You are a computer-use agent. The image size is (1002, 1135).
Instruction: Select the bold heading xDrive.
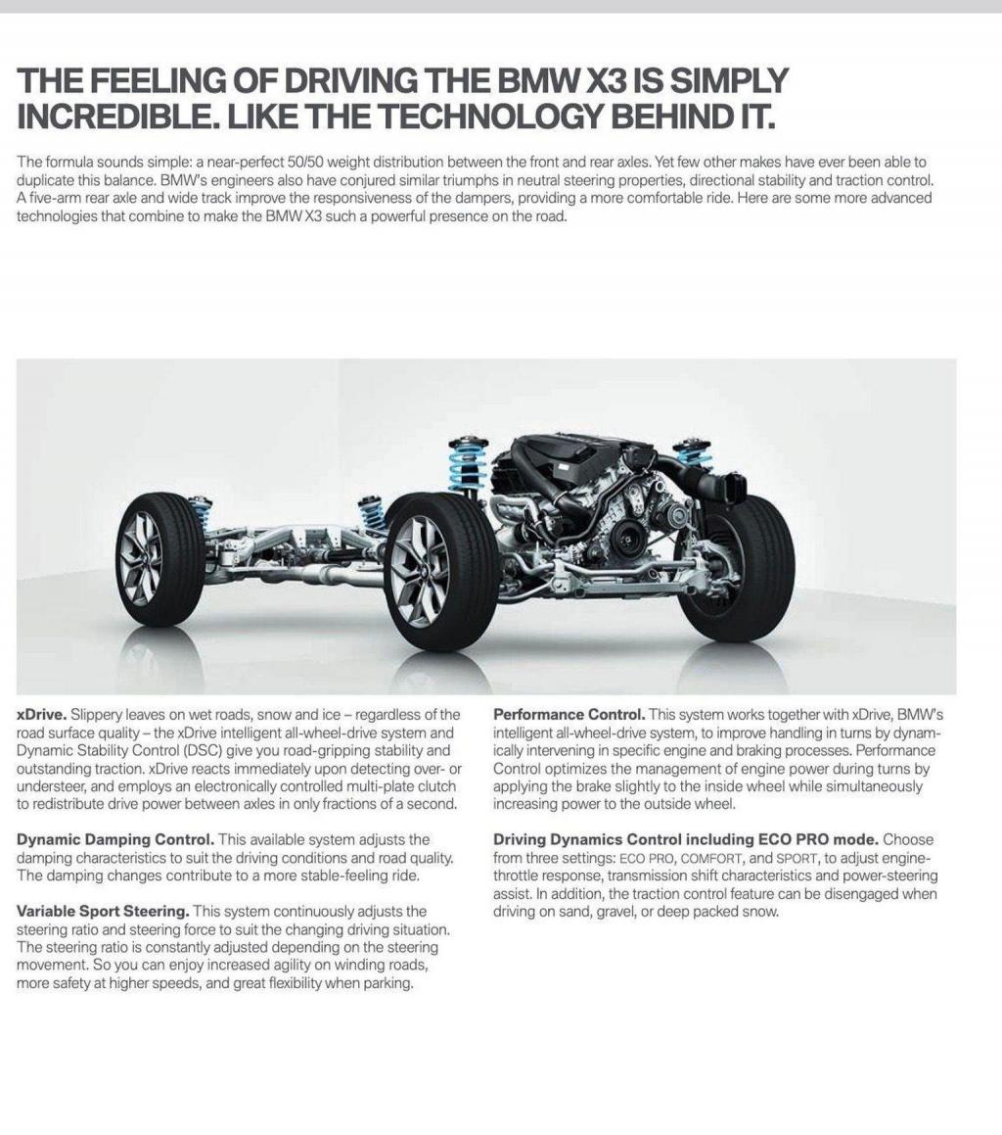coord(41,714)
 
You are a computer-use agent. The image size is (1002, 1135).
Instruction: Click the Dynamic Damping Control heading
coord(115,839)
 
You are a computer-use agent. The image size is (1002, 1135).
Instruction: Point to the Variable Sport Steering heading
coord(103,911)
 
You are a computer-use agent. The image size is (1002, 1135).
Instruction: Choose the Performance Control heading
coord(569,714)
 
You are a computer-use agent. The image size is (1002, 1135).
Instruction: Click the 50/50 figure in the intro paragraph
coord(304,162)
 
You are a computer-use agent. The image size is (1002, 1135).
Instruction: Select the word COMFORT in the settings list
coord(711,858)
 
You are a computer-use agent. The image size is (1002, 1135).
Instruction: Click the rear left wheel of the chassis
coord(159,559)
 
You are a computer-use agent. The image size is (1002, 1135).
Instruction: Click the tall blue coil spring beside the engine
coord(468,464)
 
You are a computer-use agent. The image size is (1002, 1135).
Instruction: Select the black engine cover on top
coord(568,454)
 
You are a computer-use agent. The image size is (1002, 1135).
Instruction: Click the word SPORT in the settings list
coord(796,858)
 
